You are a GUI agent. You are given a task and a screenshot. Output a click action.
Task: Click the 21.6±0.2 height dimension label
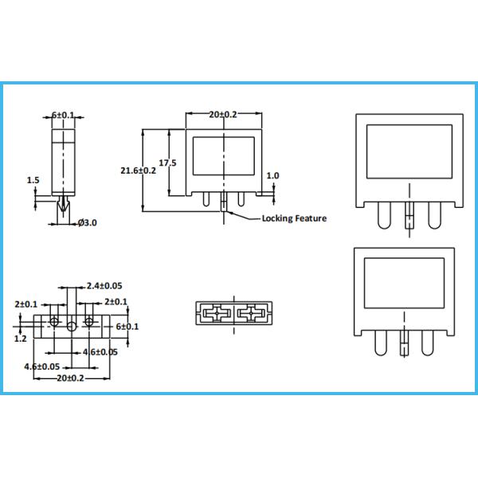click(138, 170)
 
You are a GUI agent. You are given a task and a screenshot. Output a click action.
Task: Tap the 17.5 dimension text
click(167, 163)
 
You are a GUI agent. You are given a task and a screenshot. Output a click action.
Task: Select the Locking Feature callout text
click(294, 218)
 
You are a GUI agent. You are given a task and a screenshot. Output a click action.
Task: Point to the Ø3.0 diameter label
click(88, 222)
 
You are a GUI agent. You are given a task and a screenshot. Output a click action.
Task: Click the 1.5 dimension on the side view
click(33, 181)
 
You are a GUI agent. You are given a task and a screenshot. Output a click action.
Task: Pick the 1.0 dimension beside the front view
click(273, 176)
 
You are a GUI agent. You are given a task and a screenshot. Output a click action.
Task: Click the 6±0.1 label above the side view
click(63, 116)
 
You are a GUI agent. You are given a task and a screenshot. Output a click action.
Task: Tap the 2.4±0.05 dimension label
click(104, 285)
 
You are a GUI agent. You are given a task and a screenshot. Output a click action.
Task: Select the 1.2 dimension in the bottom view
click(21, 338)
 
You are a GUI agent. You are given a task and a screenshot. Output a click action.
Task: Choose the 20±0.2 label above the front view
click(223, 116)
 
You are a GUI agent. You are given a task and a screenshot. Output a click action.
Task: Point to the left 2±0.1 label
click(26, 303)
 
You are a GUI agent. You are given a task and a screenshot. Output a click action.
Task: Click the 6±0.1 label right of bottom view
click(127, 327)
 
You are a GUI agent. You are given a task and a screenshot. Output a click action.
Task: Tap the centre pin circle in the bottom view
click(72, 327)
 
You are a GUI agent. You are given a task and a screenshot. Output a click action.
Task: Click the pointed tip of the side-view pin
click(64, 219)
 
